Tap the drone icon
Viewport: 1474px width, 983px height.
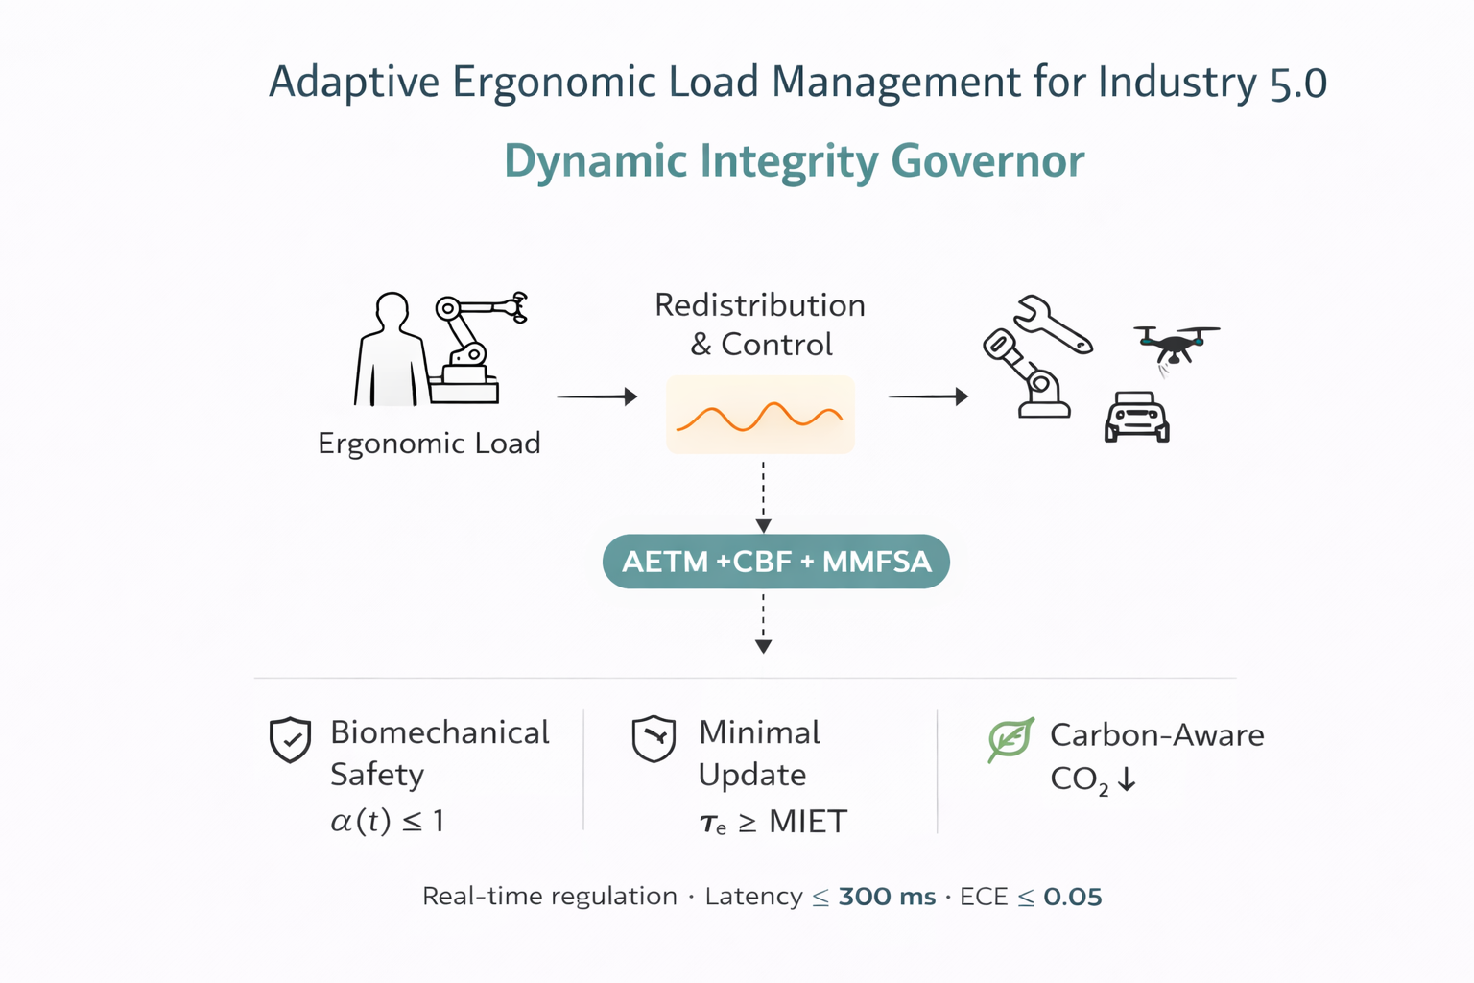click(1176, 344)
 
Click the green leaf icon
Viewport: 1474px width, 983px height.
click(1010, 739)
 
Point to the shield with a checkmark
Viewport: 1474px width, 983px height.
click(290, 740)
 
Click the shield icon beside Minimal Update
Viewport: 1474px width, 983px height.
click(654, 739)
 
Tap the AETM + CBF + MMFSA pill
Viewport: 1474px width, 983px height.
click(775, 562)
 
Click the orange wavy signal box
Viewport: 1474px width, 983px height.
click(760, 416)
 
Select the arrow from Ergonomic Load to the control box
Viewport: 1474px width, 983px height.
click(597, 396)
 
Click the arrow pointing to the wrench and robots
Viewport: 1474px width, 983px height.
click(928, 396)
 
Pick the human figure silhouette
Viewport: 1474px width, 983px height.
click(390, 352)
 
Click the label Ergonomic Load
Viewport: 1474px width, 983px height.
click(429, 444)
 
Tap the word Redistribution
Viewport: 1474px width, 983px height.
click(760, 305)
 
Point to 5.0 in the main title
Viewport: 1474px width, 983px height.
click(1298, 84)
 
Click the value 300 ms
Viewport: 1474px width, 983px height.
click(887, 897)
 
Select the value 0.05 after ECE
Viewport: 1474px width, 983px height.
click(1072, 897)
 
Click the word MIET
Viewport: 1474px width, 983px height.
click(808, 822)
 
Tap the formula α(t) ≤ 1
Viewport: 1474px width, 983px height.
click(387, 821)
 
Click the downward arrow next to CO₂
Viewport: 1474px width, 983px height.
click(1127, 779)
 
